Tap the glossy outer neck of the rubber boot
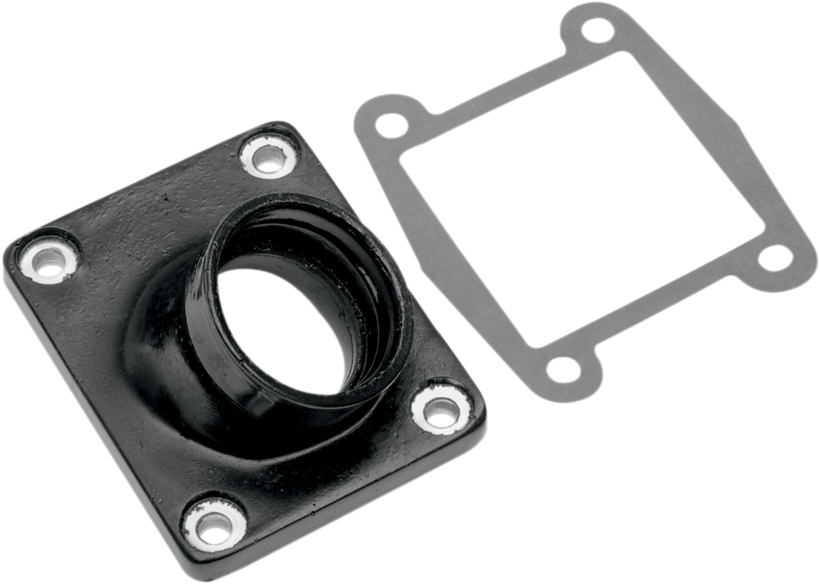point(171,342)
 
